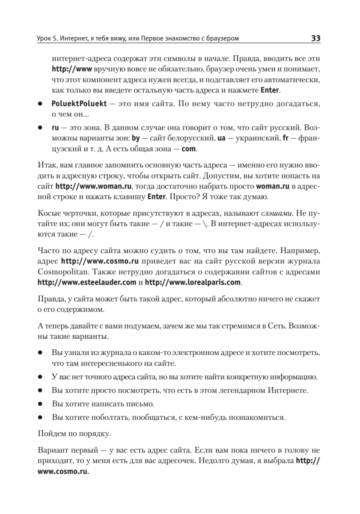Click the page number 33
click(x=315, y=39)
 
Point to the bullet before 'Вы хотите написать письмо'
click(x=40, y=404)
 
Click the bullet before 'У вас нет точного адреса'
click(x=40, y=377)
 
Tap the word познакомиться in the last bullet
click(x=258, y=417)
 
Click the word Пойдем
click(x=51, y=434)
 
